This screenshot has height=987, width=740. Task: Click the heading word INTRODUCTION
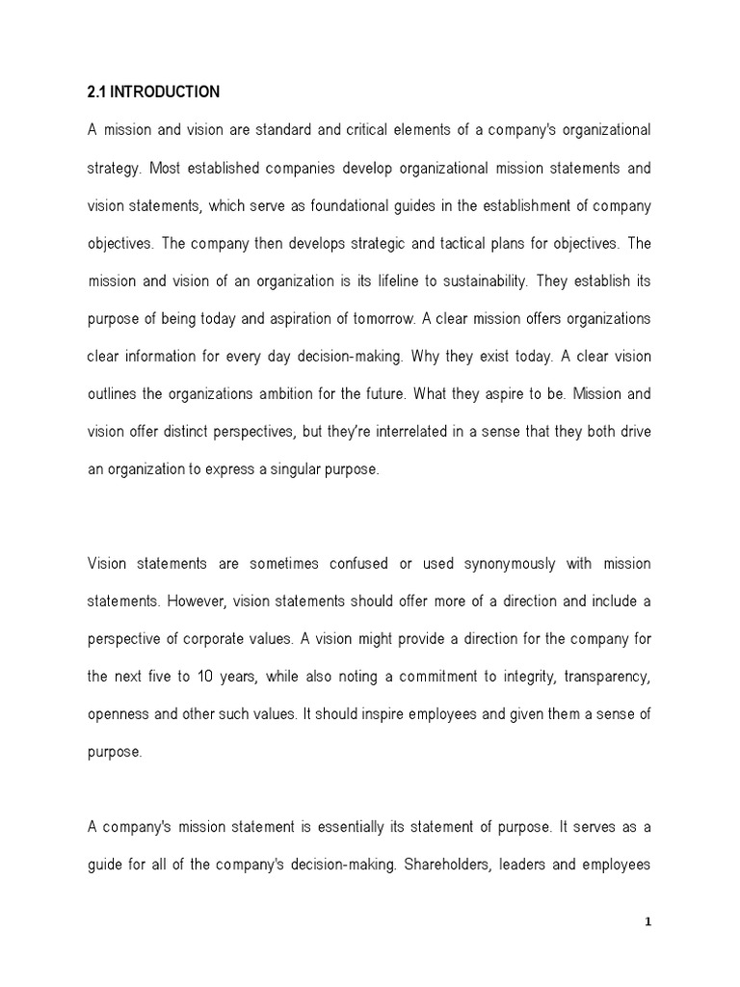click(x=167, y=93)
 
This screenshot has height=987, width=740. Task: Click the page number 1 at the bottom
click(x=648, y=921)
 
